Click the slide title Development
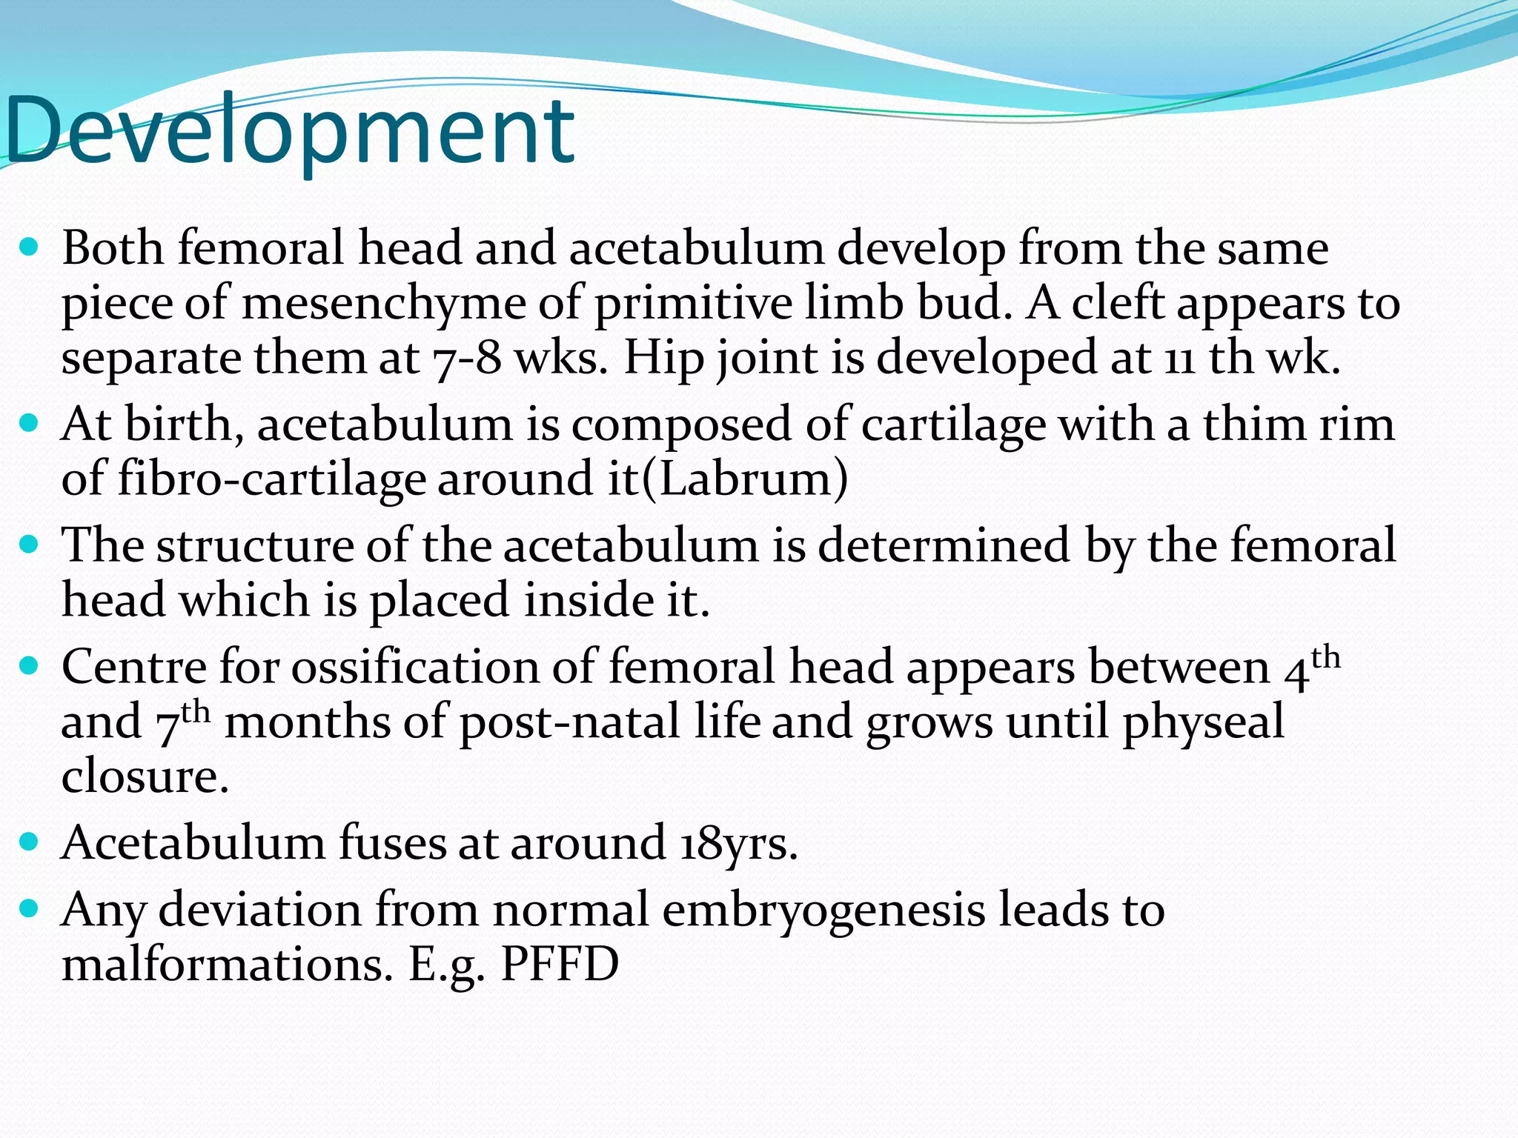289,132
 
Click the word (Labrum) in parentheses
744,479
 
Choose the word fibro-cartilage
272,479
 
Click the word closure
145,776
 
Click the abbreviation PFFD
560,965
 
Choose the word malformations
227,965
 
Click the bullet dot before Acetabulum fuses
29,842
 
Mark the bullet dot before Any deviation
29,908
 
